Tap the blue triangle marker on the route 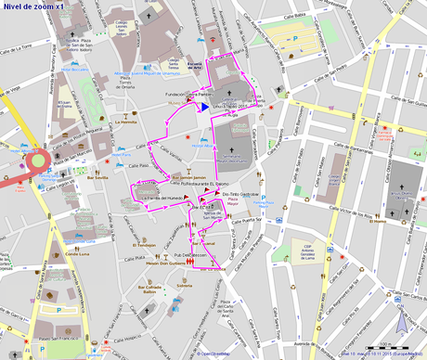(199, 107)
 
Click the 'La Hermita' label (126, 122)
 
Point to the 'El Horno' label (376, 222)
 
